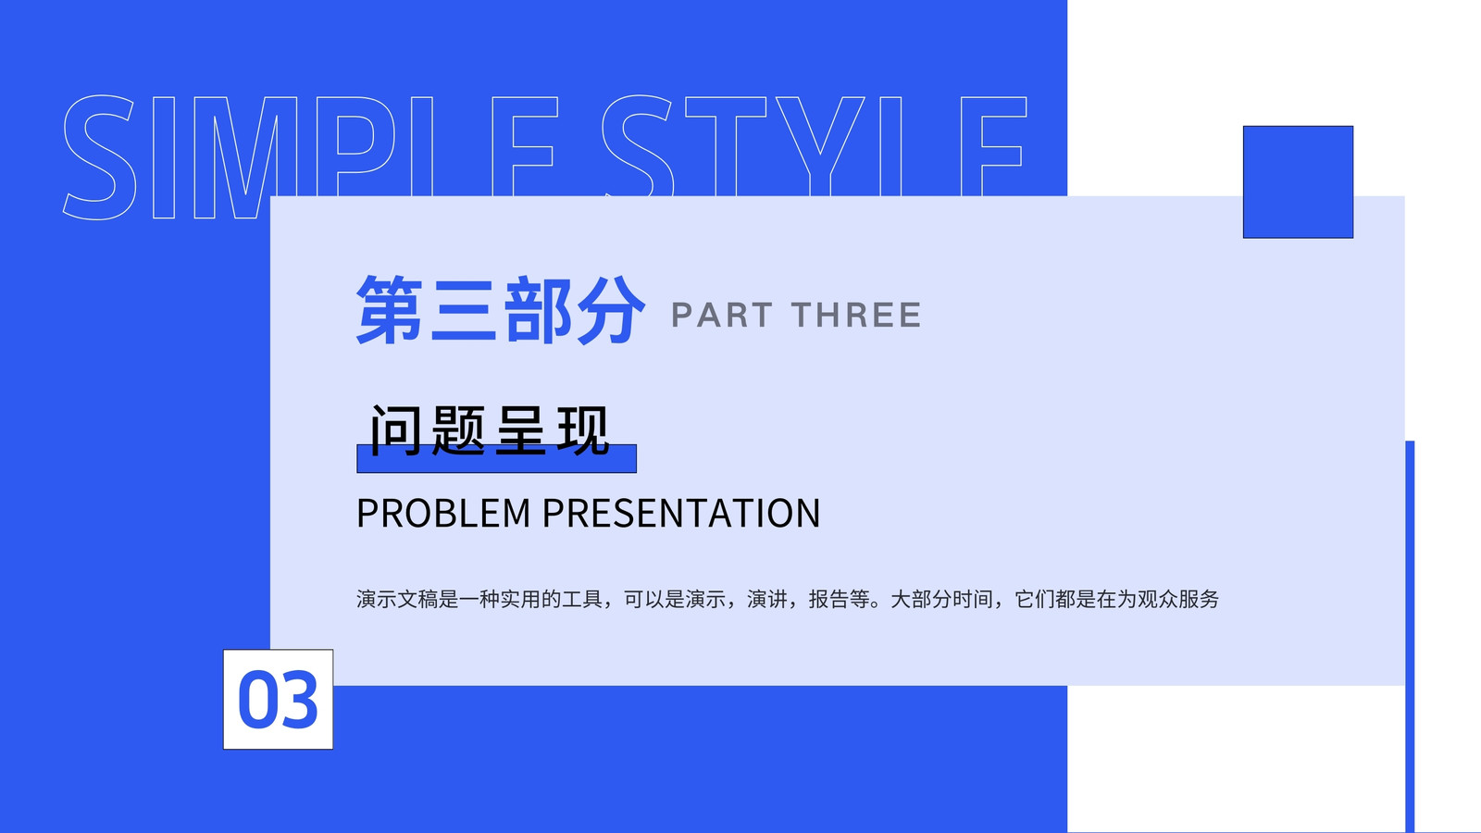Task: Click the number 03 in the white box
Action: [278, 700]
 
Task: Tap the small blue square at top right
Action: [1298, 181]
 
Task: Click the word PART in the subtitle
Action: [721, 315]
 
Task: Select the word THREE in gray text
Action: [856, 315]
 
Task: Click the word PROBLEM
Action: [443, 513]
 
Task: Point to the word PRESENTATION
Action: [681, 513]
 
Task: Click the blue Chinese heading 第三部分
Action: [501, 310]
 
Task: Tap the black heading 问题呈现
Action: [490, 430]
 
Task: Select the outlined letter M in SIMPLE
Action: [245, 157]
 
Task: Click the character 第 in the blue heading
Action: [390, 310]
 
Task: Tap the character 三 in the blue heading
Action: [463, 310]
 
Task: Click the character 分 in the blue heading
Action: [610, 310]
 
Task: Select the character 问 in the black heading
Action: [395, 430]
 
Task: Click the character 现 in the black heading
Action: [582, 430]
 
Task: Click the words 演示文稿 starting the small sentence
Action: [397, 599]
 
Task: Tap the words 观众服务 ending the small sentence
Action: [1178, 599]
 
